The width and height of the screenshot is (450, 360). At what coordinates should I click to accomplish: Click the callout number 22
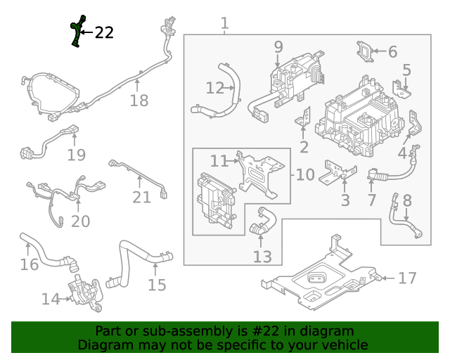tap(104, 32)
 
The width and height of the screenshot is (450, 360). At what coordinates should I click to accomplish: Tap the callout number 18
tap(139, 101)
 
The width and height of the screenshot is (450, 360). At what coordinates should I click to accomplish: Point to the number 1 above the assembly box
tap(224, 23)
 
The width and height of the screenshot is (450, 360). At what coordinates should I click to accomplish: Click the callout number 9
tap(278, 47)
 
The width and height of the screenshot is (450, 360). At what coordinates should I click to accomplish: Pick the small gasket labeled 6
tap(365, 51)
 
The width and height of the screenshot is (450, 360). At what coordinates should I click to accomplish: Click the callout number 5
tap(406, 70)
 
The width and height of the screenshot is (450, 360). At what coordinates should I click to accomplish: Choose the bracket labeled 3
tap(337, 172)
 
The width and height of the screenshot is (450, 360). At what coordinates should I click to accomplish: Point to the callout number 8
tap(406, 201)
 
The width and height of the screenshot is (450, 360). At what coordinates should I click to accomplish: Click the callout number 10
tap(305, 174)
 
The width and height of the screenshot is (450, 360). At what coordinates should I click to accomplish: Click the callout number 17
tap(407, 278)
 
